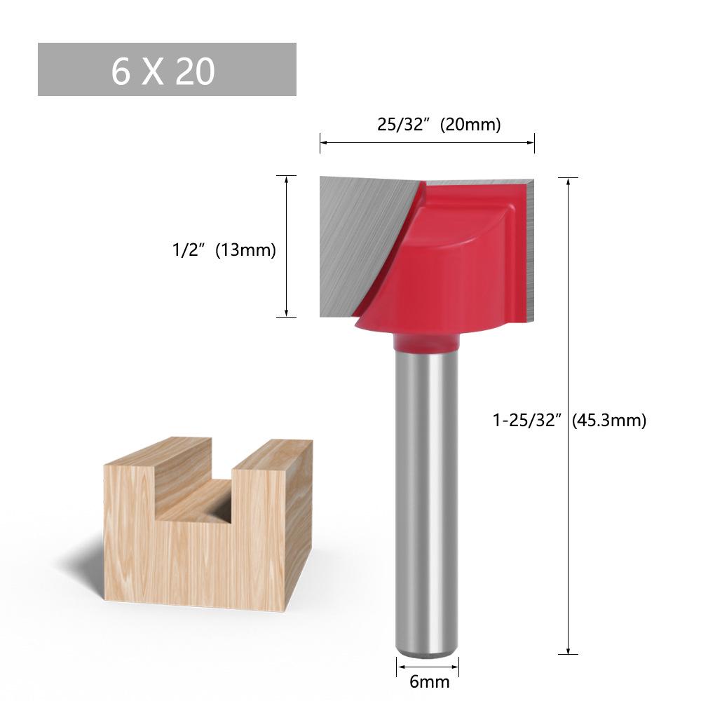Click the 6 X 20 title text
point(163,71)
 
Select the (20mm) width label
point(470,125)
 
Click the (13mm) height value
point(245,250)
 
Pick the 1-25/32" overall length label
point(527,421)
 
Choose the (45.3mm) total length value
point(608,421)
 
